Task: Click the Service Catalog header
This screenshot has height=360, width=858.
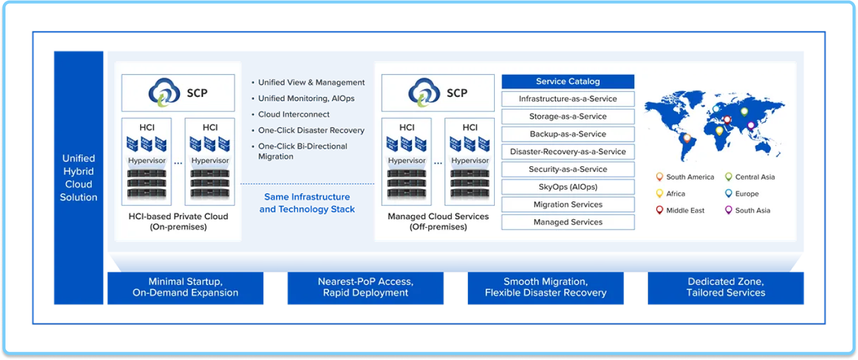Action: point(568,82)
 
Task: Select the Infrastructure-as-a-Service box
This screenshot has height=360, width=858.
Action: point(568,99)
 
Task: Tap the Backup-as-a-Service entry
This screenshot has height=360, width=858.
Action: point(568,134)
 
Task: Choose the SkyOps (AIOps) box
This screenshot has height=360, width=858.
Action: point(568,187)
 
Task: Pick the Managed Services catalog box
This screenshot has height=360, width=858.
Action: point(568,222)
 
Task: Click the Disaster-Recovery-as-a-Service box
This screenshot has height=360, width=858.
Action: point(568,152)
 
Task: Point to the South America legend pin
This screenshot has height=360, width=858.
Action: point(659,177)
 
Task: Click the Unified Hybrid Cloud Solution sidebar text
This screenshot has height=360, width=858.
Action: point(79,178)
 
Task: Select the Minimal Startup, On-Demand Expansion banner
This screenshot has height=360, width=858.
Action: point(185,288)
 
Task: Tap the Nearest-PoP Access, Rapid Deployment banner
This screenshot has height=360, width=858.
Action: point(366,288)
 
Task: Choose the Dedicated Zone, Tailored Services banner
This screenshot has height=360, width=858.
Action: point(726,288)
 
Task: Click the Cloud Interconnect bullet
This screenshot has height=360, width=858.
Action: point(294,114)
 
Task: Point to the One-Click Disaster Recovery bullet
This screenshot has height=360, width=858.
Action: point(311,130)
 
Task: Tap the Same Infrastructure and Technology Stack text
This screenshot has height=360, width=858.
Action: point(307,203)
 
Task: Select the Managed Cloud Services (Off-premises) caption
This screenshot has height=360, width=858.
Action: point(438,222)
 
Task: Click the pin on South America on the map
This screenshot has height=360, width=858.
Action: point(687,138)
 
